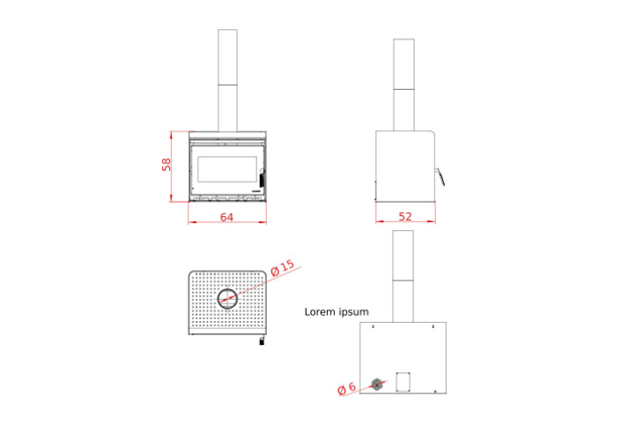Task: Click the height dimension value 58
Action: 166,165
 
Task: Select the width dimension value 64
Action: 226,217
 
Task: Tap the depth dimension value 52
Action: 405,217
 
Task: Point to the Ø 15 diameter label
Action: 283,268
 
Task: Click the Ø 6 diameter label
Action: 346,388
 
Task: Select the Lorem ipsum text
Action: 337,311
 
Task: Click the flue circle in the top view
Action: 227,289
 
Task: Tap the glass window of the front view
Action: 227,169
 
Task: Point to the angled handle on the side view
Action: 440,176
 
